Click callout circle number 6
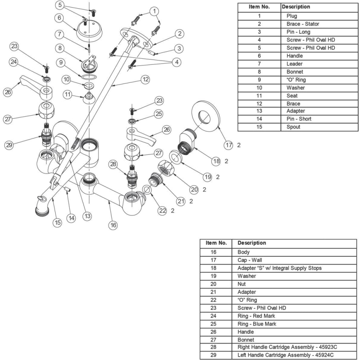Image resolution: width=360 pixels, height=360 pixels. pos(59,18)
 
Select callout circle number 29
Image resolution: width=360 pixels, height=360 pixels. pos(9,145)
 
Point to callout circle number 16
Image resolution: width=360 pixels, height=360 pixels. pos(114,225)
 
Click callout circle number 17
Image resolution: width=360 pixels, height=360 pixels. pos(228,145)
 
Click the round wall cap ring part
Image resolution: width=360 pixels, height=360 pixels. pos(206,116)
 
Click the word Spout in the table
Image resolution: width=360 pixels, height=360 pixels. pos(293,127)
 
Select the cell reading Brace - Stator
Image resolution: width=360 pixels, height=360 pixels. pos(303,24)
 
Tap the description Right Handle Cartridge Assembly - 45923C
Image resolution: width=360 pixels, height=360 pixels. pos(290,347)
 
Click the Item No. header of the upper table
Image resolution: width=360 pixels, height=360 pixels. pos(259,7)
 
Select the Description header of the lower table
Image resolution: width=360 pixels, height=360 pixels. pos(252,243)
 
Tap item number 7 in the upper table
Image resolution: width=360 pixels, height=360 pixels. pos(259,64)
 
